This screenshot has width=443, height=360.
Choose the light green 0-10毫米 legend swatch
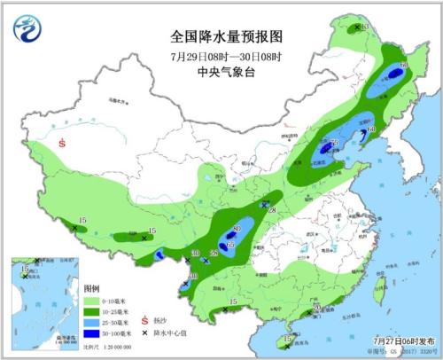point(92,301)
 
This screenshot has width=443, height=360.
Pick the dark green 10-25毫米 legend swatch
point(92,312)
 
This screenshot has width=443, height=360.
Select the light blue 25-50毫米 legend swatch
point(92,323)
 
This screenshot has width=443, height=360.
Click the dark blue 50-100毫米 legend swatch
point(92,333)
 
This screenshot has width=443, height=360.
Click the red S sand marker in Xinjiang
point(62,143)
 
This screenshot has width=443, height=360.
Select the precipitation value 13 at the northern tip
point(363,27)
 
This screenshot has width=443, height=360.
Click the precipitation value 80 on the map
point(237,231)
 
